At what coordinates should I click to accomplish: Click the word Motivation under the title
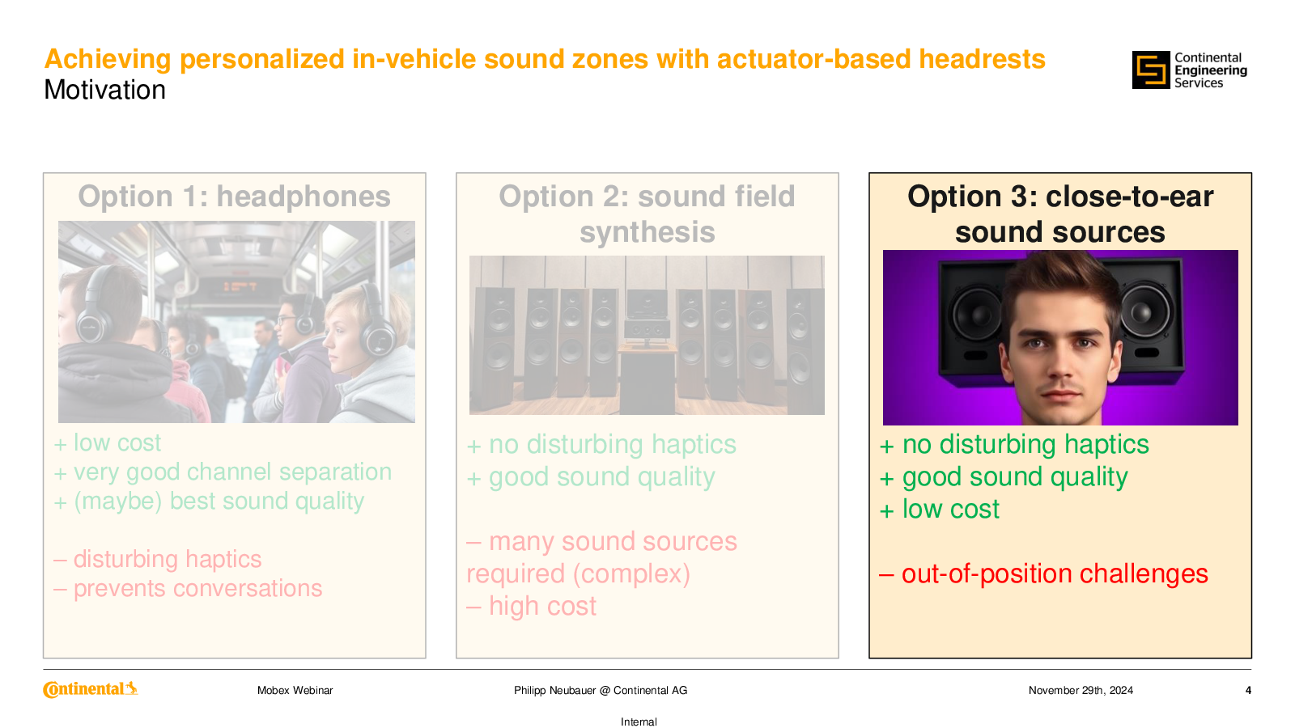[104, 90]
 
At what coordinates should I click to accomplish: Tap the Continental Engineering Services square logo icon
[1150, 70]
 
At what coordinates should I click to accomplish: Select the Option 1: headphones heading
[234, 197]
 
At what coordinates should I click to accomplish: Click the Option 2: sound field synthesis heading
[647, 214]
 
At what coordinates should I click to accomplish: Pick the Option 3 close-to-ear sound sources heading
[1059, 214]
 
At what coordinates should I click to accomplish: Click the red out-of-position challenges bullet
[1043, 574]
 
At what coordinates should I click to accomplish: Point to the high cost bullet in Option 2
[531, 606]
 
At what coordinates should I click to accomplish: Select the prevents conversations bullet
[188, 588]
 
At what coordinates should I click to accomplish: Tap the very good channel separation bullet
[223, 472]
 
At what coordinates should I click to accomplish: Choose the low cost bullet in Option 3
[940, 509]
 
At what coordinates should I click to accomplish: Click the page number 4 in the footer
[1249, 691]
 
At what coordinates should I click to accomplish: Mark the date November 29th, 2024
[1081, 691]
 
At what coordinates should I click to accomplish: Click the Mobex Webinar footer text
[295, 691]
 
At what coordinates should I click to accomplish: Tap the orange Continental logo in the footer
[91, 689]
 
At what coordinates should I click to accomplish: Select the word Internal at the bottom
[639, 722]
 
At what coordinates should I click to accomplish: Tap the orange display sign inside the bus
[240, 286]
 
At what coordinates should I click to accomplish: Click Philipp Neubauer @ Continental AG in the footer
[601, 691]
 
